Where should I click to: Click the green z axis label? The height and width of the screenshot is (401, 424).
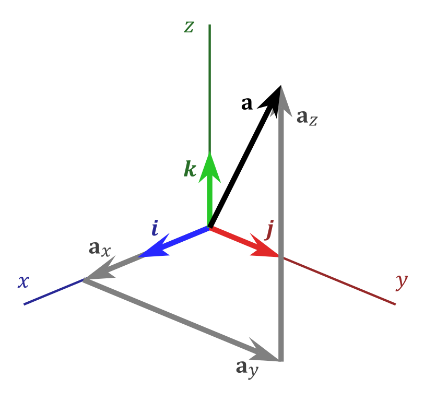[189, 27]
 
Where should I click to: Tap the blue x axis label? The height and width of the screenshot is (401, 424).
[23, 282]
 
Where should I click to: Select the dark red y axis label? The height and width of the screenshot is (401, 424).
[402, 283]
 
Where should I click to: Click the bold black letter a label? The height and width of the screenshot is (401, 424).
[247, 103]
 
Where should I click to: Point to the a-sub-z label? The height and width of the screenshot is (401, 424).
[307, 117]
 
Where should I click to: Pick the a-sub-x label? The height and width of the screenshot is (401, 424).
[100, 249]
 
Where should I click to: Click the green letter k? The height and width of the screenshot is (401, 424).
[190, 169]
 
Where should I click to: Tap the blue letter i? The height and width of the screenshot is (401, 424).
[155, 228]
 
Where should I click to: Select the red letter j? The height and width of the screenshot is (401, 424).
[269, 230]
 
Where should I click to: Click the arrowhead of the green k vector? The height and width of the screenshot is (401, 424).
[209, 167]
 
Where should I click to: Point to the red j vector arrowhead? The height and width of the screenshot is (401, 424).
[264, 246]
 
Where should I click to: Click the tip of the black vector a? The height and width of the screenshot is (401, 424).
[281, 86]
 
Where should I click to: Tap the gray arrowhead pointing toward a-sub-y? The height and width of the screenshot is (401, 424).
[264, 350]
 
